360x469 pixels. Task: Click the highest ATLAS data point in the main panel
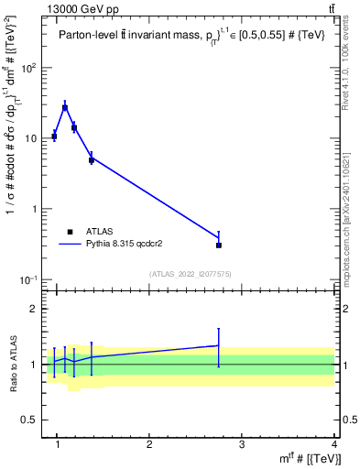(x=65, y=108)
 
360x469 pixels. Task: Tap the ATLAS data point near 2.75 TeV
(x=219, y=245)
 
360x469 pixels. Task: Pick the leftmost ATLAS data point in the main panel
(x=55, y=136)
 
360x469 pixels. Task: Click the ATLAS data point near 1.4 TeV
(x=92, y=160)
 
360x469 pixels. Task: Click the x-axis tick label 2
(x=149, y=446)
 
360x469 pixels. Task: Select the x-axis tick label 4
(x=333, y=446)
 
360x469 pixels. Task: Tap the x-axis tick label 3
(x=242, y=446)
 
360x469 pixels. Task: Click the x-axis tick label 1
(x=57, y=446)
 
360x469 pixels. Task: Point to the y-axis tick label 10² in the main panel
(x=29, y=69)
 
